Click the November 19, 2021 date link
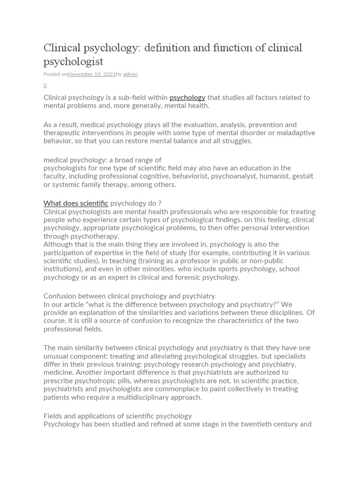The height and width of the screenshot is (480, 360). click(x=91, y=74)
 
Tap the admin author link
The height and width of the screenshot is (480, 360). click(x=130, y=74)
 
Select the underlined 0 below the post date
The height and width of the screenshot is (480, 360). click(x=45, y=85)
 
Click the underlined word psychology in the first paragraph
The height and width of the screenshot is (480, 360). click(x=187, y=97)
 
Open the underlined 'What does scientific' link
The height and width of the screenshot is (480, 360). click(x=76, y=203)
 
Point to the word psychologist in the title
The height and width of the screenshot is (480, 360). click(x=73, y=61)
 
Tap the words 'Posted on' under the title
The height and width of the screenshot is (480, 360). click(x=55, y=74)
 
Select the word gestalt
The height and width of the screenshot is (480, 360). click(x=302, y=176)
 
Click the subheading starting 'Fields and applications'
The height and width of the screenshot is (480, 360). click(x=118, y=416)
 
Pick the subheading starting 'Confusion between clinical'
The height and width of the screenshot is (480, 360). click(x=129, y=296)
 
